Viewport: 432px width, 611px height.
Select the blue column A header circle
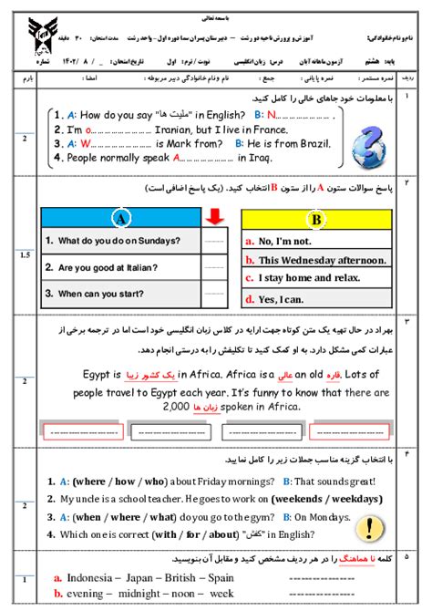pyautogui.click(x=119, y=219)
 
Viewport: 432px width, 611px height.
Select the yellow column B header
pyautogui.click(x=316, y=220)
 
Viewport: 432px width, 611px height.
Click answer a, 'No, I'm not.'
pyautogui.click(x=291, y=242)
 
